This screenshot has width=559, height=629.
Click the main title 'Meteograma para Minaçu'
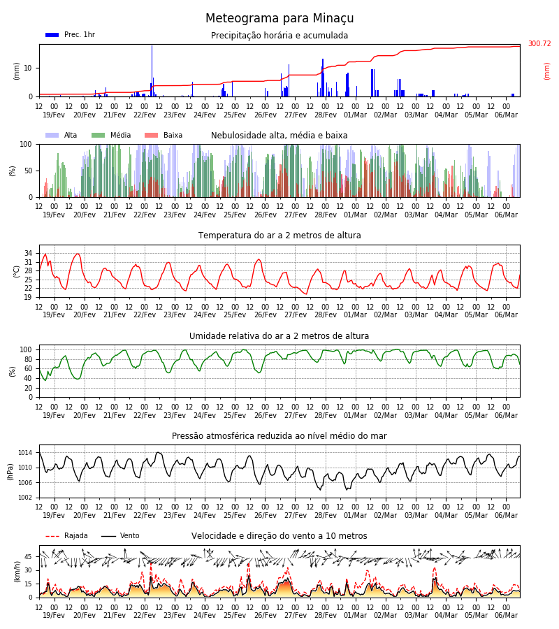(279, 18)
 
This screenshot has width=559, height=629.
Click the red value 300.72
(539, 43)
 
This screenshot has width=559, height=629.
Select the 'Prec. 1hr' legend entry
(70, 34)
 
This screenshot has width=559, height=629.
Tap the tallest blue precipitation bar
(152, 71)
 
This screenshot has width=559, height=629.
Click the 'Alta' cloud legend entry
(61, 135)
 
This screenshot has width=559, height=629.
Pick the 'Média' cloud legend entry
(111, 135)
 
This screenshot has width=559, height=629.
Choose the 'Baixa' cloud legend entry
(164, 135)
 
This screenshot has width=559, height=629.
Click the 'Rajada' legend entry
(66, 535)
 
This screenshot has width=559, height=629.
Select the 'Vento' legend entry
(120, 535)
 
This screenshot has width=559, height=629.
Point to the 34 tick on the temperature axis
(28, 253)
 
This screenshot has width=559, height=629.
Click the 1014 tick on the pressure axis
(25, 453)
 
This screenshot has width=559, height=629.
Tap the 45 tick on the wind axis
(28, 557)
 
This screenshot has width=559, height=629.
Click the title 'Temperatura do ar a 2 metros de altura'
(279, 236)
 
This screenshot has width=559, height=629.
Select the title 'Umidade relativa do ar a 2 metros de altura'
(279, 335)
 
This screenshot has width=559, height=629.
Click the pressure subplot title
(279, 435)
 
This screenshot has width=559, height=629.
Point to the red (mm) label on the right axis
(546, 71)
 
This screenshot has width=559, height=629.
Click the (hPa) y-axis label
(10, 472)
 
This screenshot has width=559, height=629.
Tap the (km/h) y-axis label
(17, 572)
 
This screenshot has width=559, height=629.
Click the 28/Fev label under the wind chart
(325, 615)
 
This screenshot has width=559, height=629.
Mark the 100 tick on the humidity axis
(26, 349)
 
